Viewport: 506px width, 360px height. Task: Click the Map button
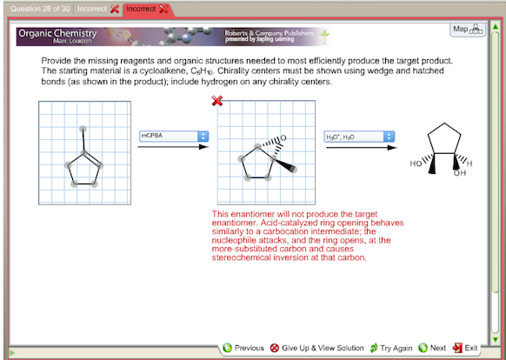465,30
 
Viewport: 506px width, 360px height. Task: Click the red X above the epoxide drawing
217,102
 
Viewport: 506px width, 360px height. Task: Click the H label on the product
469,163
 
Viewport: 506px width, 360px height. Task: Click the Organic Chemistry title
57,33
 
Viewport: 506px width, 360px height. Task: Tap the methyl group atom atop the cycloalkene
83,129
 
